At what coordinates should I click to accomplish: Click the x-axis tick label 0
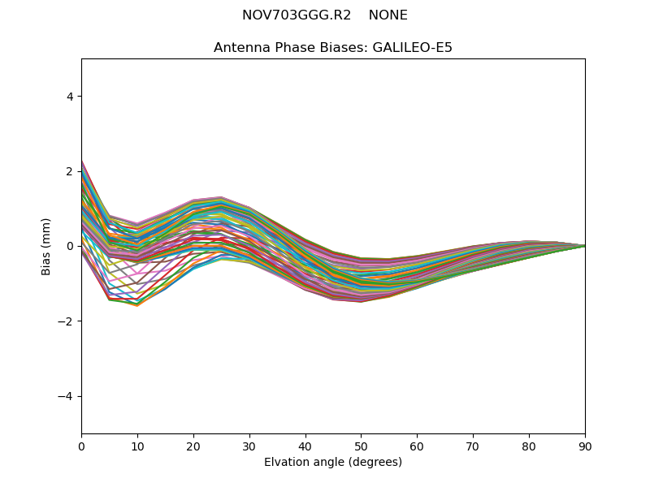point(81,446)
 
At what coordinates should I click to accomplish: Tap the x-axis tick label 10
point(137,446)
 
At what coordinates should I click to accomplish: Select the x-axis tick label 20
point(193,446)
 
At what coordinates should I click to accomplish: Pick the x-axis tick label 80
point(529,446)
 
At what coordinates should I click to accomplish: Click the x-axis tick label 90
point(585,446)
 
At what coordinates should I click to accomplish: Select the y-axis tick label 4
point(71,97)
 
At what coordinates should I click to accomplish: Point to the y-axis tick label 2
point(71,171)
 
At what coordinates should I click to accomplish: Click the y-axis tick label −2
point(67,321)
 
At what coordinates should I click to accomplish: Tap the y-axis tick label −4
point(67,396)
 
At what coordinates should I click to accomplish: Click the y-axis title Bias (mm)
point(47,246)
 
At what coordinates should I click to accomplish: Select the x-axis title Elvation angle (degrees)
point(333,463)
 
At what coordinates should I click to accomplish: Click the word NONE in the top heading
point(388,15)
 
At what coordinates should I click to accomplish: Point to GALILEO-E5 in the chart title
point(412,48)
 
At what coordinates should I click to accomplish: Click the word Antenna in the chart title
point(240,48)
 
